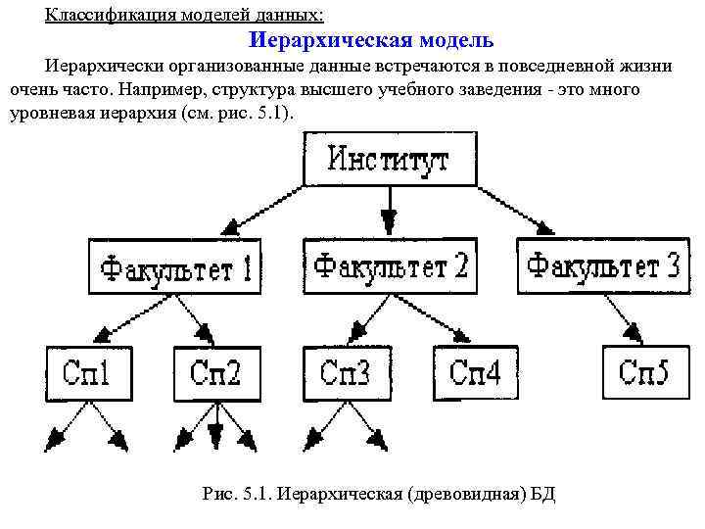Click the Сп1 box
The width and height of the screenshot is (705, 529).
[86, 372]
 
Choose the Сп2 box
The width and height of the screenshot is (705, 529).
[218, 373]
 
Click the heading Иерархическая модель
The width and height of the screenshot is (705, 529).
[371, 41]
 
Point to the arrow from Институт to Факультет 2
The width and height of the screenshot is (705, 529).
[390, 212]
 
